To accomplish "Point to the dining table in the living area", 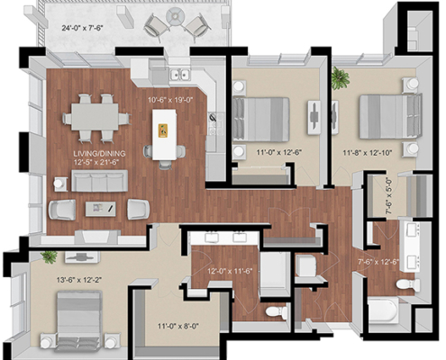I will point(95,117).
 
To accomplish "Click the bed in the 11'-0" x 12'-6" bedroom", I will point(261,114).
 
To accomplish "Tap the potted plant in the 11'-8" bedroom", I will point(341,77).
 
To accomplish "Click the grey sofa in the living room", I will point(99,183).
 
